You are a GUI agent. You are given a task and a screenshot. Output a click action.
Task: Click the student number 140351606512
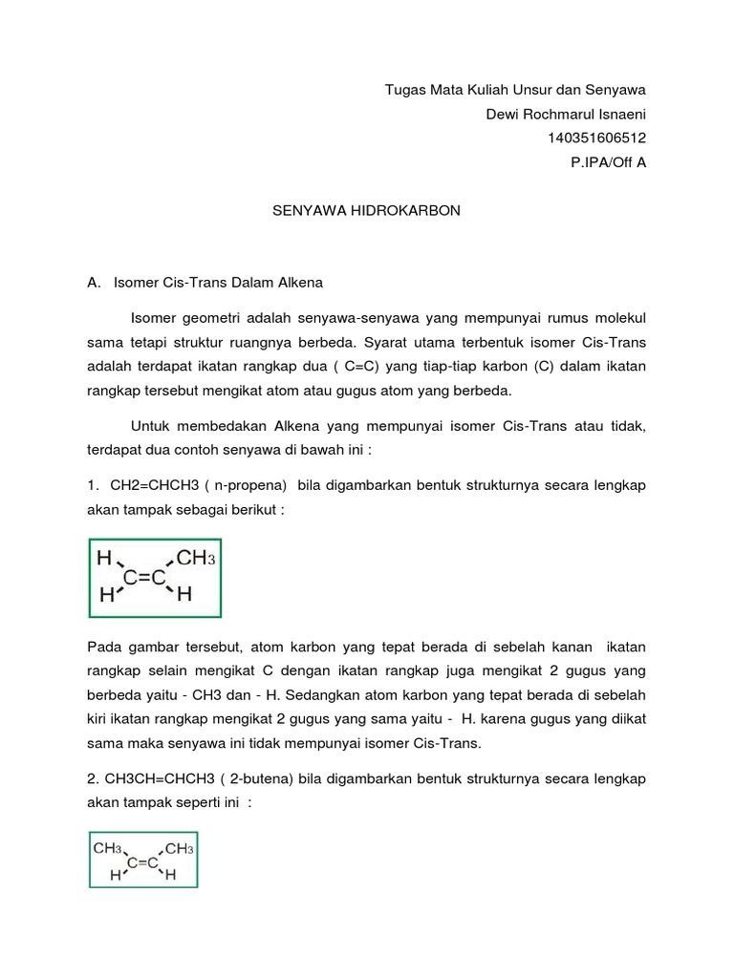point(596,138)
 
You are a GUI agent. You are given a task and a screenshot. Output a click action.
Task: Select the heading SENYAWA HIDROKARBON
point(367,210)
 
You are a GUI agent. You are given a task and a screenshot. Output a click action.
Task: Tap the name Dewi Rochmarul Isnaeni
point(567,115)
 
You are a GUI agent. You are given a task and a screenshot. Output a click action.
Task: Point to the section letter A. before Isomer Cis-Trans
point(94,283)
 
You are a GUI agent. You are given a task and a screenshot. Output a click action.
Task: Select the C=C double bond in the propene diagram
point(145,576)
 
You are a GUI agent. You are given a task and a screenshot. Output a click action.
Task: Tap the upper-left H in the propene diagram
point(104,558)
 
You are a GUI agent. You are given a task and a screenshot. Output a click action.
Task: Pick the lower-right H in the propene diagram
point(184,595)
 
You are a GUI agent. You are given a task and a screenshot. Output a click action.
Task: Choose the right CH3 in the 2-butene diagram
point(179,847)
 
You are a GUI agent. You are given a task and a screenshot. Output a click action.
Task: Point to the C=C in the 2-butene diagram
point(142,861)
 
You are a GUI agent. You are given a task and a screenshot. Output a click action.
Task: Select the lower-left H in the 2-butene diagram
point(115,875)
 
